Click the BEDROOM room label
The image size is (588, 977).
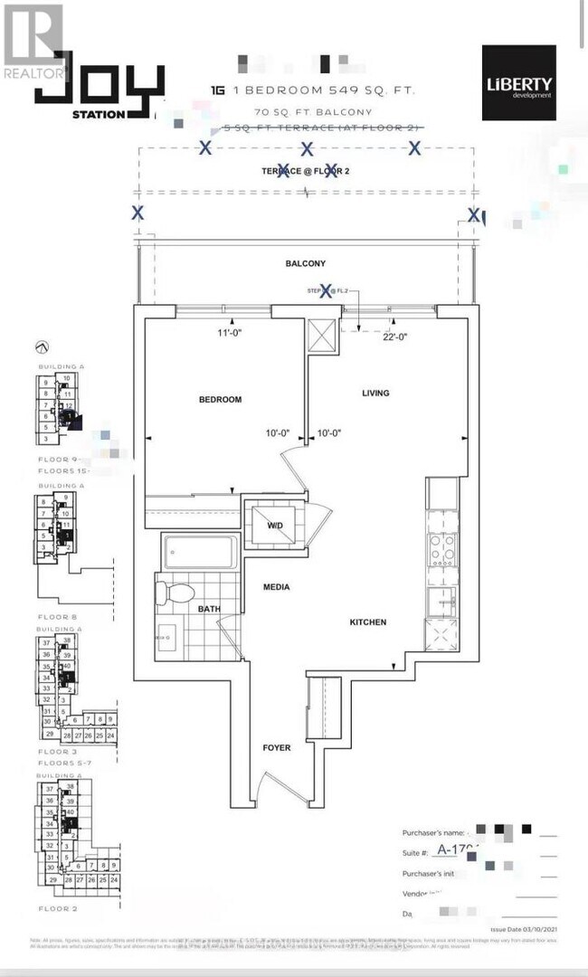[220, 399]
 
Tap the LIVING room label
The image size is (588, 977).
[375, 393]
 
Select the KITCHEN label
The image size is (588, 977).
[368, 622]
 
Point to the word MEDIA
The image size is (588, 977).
[276, 587]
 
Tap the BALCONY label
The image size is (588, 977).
[305, 263]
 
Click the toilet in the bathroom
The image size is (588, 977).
[176, 593]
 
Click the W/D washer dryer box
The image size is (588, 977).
[275, 524]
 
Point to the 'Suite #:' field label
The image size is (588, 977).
[414, 852]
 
